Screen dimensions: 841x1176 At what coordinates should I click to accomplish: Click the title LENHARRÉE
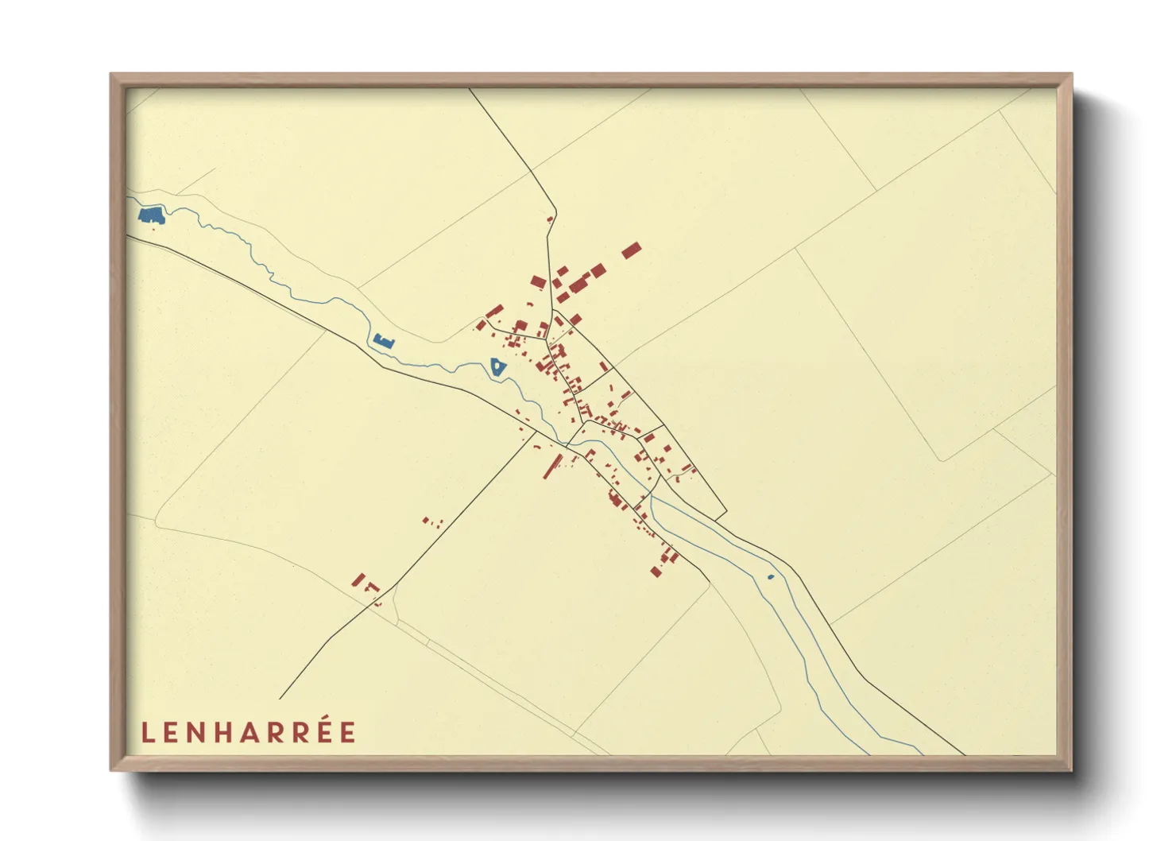(249, 732)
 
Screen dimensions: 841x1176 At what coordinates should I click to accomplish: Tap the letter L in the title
(147, 733)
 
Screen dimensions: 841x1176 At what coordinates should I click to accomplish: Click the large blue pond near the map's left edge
(151, 215)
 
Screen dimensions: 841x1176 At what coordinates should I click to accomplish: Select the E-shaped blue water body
(383, 342)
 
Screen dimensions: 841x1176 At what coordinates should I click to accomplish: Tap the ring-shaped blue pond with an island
(497, 366)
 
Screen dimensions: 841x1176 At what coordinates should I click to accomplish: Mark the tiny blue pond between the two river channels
(770, 576)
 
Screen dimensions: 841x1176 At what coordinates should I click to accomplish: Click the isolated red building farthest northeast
(631, 251)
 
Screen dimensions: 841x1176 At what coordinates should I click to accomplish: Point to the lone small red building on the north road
(549, 219)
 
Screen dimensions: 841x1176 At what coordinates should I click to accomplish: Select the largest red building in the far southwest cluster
(358, 580)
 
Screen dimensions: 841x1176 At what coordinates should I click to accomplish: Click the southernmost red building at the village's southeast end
(656, 571)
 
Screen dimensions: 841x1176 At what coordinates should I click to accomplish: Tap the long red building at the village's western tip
(494, 311)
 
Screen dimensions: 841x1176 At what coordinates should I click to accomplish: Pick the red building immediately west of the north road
(538, 281)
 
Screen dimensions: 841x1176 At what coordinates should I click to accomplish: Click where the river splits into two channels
(650, 496)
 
